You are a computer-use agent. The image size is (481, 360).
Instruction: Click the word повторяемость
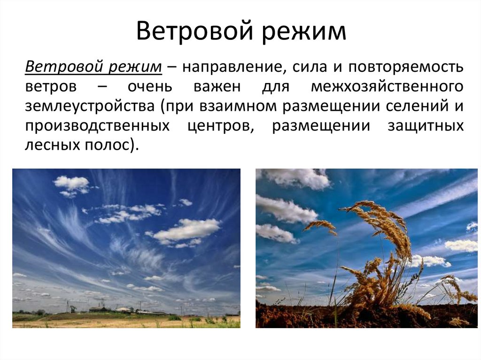406,67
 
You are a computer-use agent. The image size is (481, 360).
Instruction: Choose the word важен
217,87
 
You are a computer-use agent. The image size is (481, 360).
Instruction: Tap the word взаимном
241,107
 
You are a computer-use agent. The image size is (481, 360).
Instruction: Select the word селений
414,107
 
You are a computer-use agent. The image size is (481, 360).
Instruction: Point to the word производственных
97,126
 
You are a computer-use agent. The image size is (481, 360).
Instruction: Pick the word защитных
426,126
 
